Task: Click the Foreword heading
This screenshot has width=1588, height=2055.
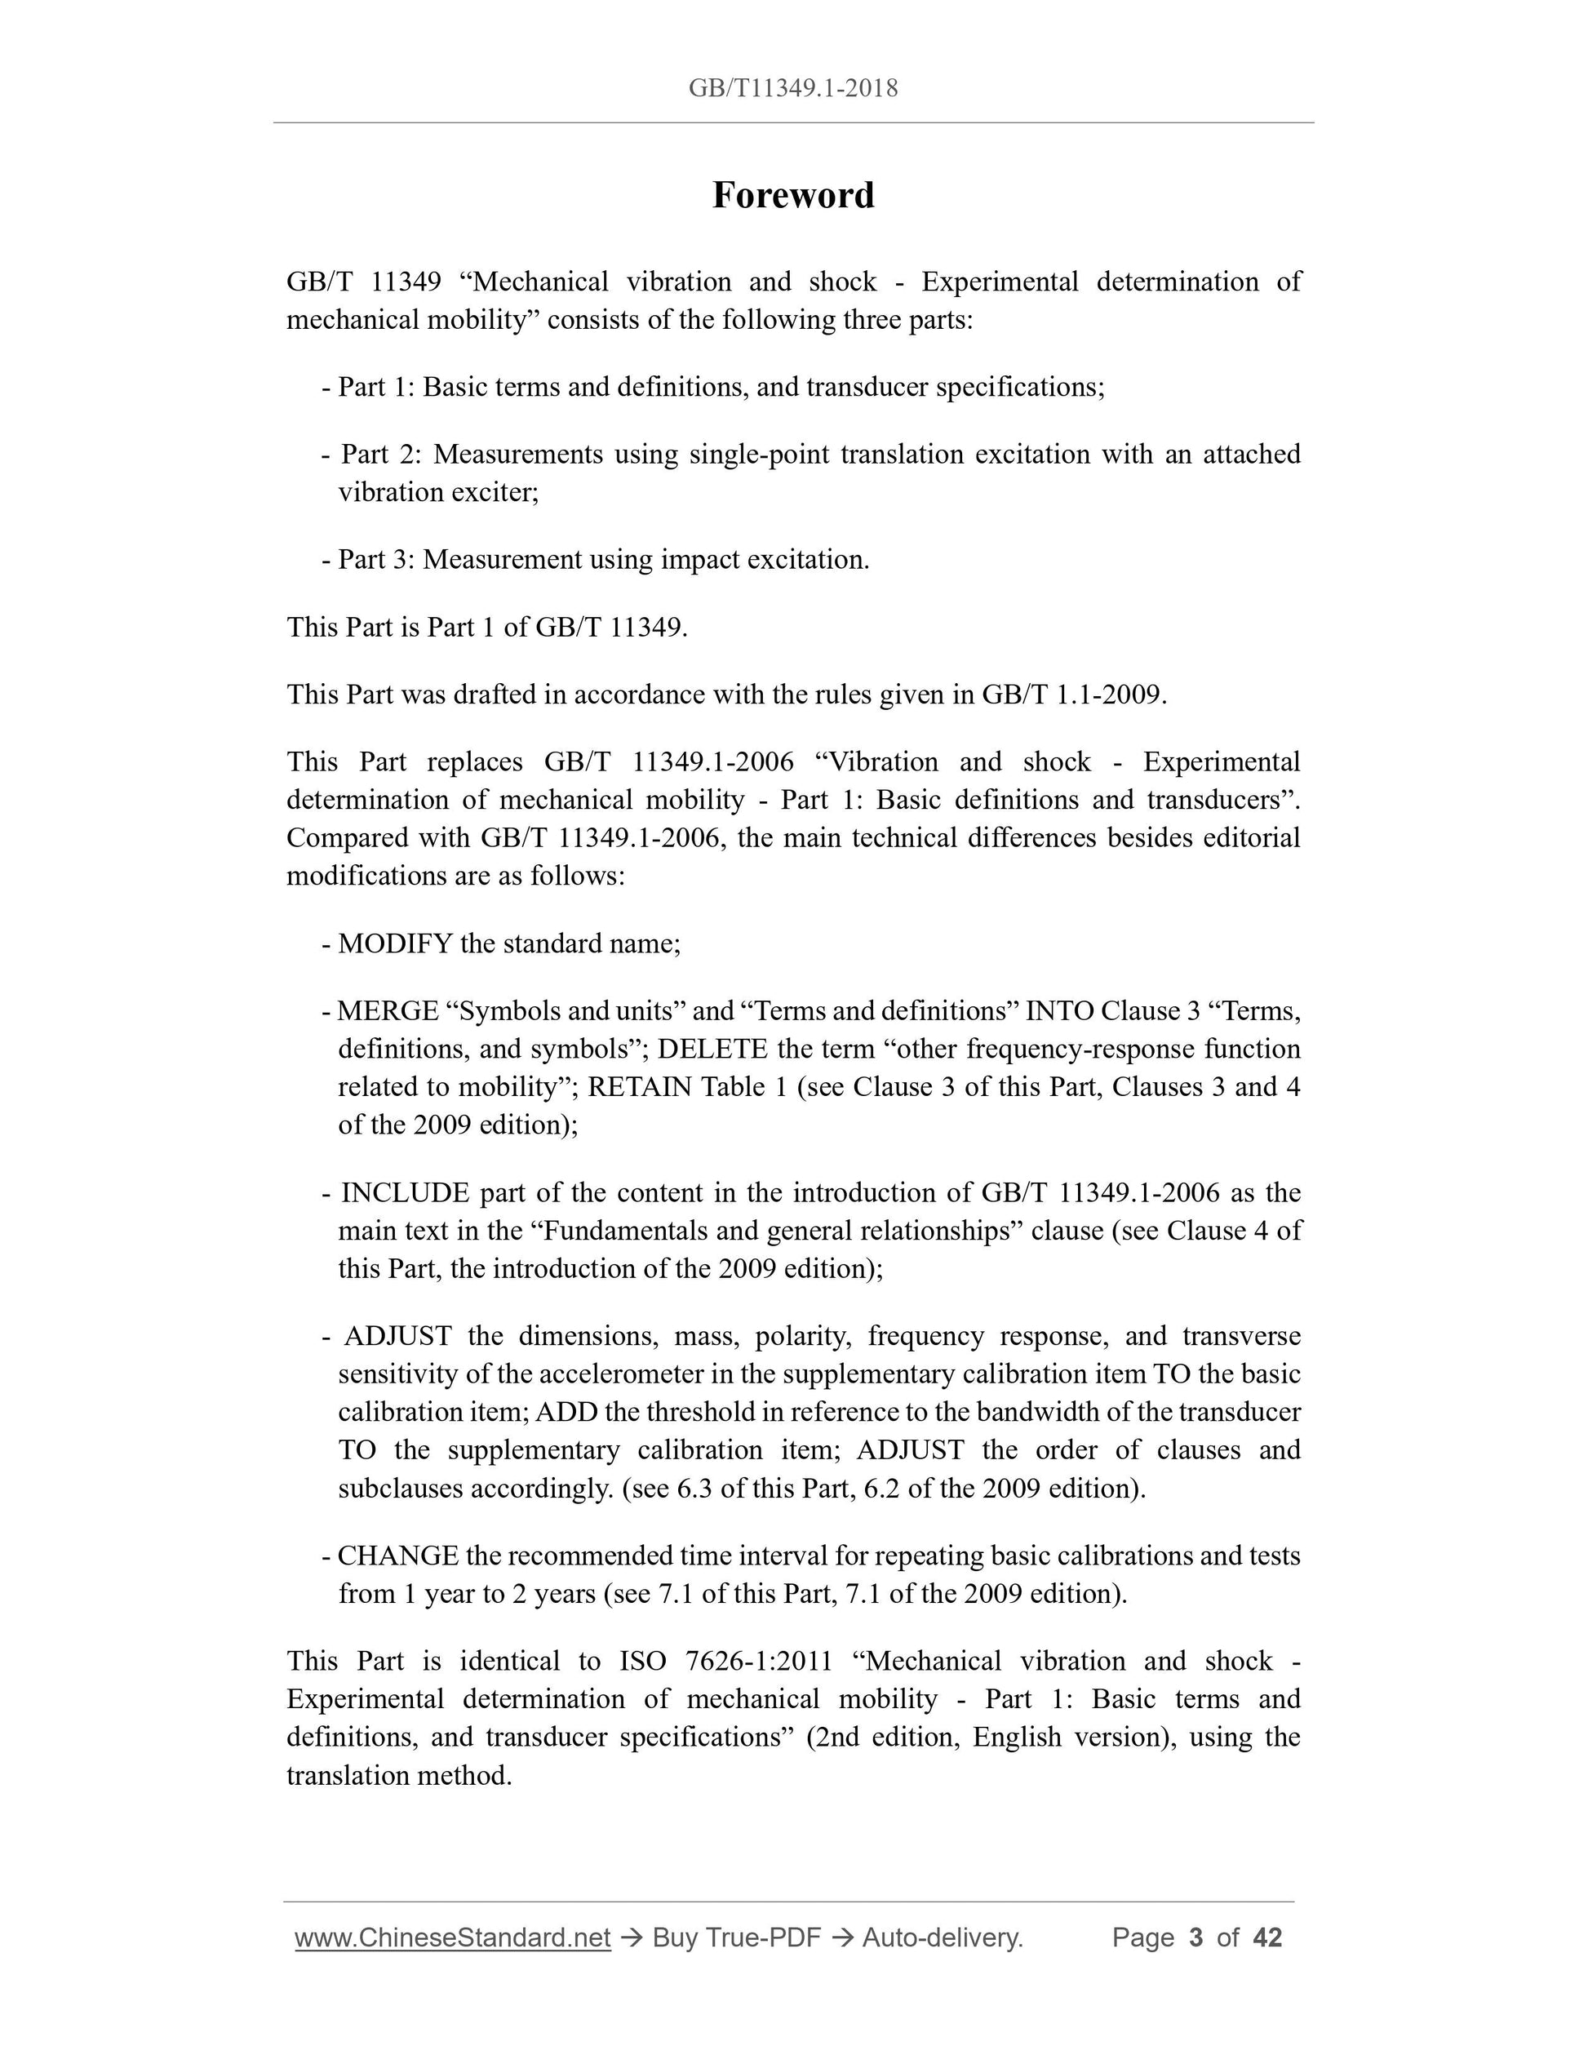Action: pyautogui.click(x=793, y=196)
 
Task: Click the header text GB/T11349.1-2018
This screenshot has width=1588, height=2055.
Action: pyautogui.click(x=793, y=88)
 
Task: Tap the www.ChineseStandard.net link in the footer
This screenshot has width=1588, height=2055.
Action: pyautogui.click(x=453, y=1937)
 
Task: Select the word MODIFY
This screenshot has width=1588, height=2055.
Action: pyautogui.click(x=395, y=943)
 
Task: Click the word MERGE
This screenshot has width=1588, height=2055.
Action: pyautogui.click(x=388, y=1010)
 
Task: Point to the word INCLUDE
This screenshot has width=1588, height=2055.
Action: pyautogui.click(x=405, y=1192)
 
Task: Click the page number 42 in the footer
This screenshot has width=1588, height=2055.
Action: pyautogui.click(x=1267, y=1937)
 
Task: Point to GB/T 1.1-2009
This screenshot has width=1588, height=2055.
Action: pyautogui.click(x=1072, y=695)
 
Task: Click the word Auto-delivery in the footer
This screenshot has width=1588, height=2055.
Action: pyautogui.click(x=942, y=1937)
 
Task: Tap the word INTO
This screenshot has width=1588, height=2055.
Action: pyautogui.click(x=1058, y=1010)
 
